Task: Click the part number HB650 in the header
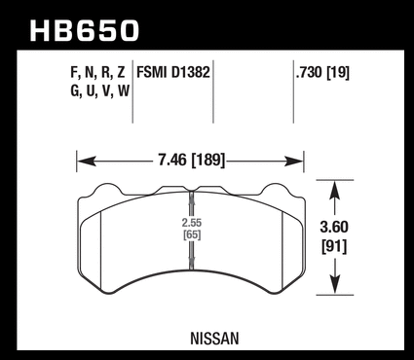click(85, 31)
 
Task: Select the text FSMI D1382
click(173, 72)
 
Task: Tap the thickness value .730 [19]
click(322, 72)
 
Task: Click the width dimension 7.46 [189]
click(192, 161)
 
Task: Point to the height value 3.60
click(334, 227)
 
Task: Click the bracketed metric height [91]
click(334, 247)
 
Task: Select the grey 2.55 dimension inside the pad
click(192, 223)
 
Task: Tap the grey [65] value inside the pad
click(192, 234)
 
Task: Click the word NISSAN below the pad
click(214, 339)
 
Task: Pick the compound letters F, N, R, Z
click(97, 72)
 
